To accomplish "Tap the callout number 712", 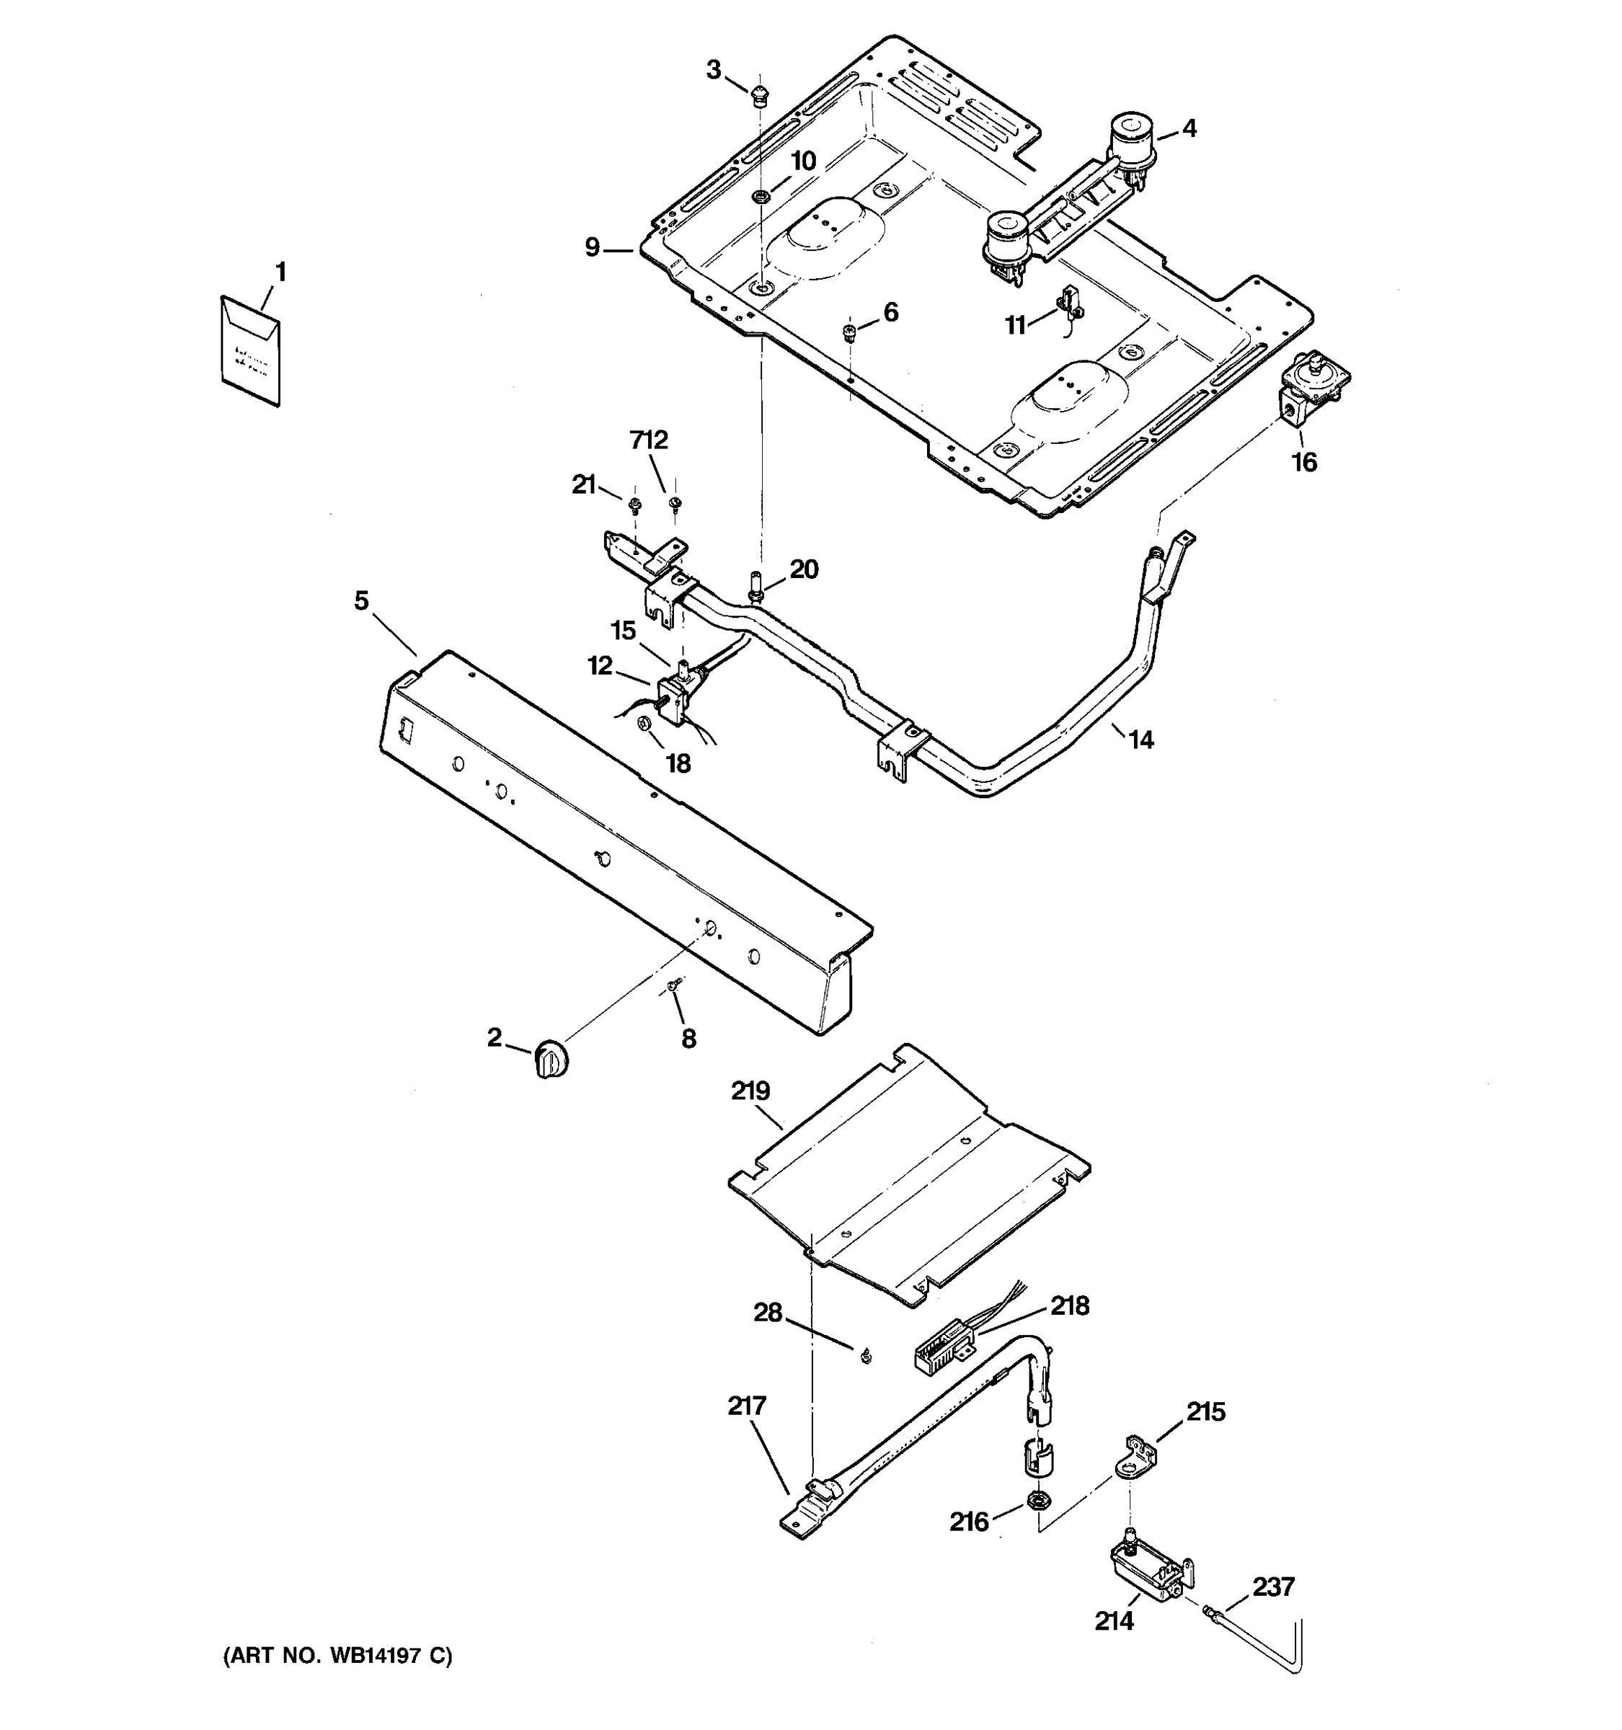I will pyautogui.click(x=648, y=440).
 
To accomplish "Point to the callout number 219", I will pyautogui.click(x=751, y=1091).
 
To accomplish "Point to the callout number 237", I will pyautogui.click(x=1273, y=1587).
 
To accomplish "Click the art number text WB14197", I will pyautogui.click(x=365, y=1656).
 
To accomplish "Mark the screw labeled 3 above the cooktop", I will pyautogui.click(x=761, y=95).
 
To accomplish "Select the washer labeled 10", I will pyautogui.click(x=760, y=195).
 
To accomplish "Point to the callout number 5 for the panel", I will pyautogui.click(x=361, y=600).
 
